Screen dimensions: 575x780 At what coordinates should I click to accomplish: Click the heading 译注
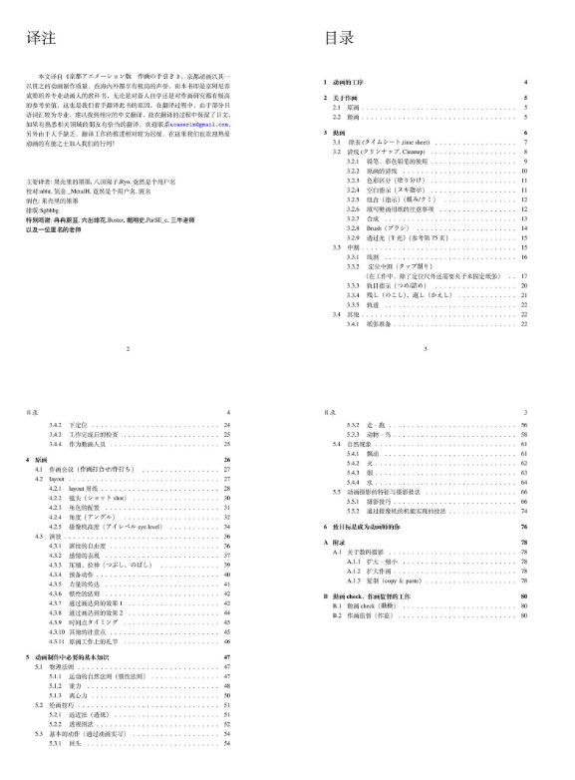click(40, 38)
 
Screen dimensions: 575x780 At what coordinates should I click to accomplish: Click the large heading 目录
click(340, 38)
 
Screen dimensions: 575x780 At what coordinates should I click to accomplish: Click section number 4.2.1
click(59, 488)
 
